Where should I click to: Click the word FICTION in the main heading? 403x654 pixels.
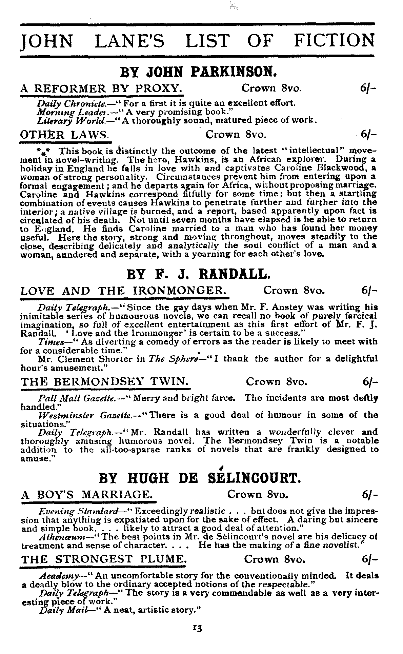tap(334, 41)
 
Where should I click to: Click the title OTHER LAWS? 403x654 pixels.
tap(64, 135)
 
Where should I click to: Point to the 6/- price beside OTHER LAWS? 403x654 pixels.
tap(369, 135)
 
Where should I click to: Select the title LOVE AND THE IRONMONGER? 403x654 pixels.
tap(124, 291)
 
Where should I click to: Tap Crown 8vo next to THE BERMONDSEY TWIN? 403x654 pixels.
tap(277, 382)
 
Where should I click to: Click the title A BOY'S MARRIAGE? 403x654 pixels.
tap(87, 494)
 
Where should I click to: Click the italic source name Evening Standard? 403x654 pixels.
tap(79, 511)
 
